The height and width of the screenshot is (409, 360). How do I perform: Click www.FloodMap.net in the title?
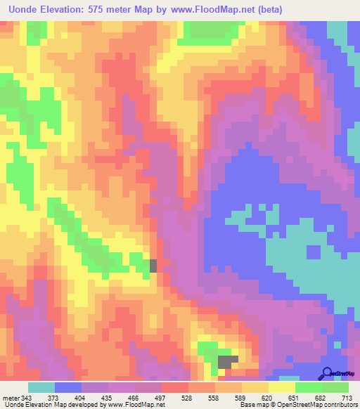click(x=211, y=10)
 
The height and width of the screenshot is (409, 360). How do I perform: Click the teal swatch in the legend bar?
click(x=41, y=387)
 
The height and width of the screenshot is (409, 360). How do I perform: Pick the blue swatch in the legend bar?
click(x=68, y=387)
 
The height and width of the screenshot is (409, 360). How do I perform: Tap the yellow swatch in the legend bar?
click(x=281, y=387)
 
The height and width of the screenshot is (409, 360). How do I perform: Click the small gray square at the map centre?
click(x=154, y=265)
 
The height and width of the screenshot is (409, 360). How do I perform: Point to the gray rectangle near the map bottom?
click(x=226, y=361)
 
